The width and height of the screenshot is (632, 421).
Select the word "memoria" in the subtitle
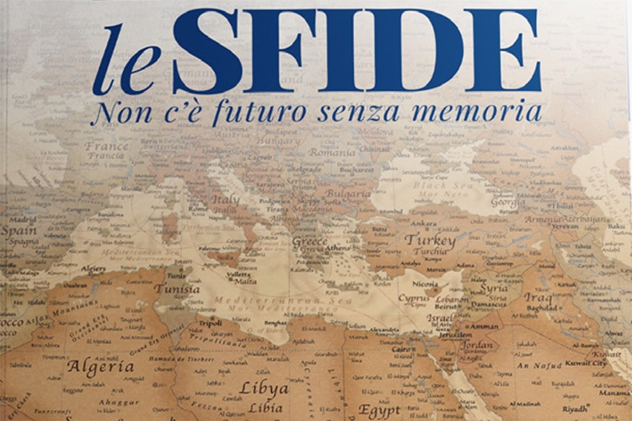(x=484, y=111)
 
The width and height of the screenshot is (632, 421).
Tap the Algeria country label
(x=100, y=367)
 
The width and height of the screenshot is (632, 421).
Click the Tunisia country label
(x=177, y=289)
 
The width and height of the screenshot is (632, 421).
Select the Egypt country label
(x=379, y=410)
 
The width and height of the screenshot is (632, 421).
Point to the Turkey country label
(x=430, y=240)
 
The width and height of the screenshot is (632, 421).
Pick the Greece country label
(x=309, y=240)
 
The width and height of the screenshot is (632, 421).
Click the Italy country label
(x=225, y=200)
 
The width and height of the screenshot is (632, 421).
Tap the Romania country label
(x=332, y=152)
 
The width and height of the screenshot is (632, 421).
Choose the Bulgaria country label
(x=347, y=194)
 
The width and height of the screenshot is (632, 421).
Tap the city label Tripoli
(x=211, y=322)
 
